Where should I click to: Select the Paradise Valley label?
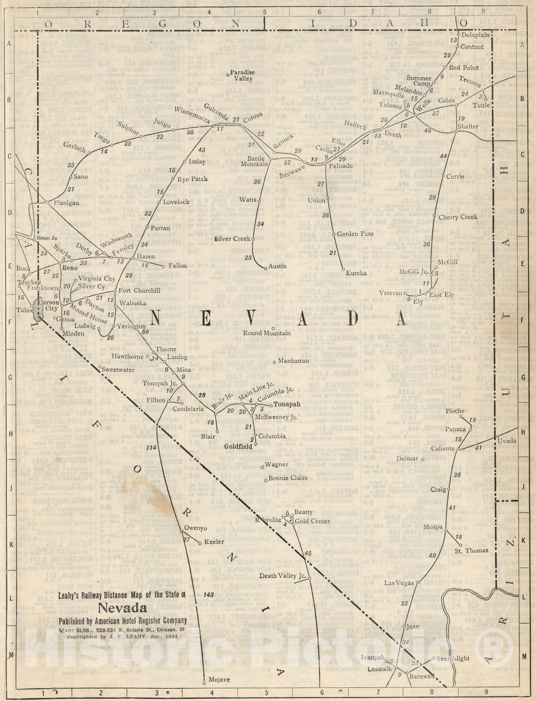click(x=242, y=75)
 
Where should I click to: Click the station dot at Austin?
click(x=265, y=267)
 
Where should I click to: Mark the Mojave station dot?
click(x=204, y=683)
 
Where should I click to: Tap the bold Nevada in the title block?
click(x=122, y=608)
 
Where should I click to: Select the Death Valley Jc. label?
click(x=282, y=576)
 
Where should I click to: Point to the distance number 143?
click(x=209, y=595)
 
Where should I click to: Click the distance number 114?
click(x=152, y=448)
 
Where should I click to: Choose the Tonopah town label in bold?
click(x=287, y=404)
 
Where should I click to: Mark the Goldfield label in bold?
click(x=238, y=446)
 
